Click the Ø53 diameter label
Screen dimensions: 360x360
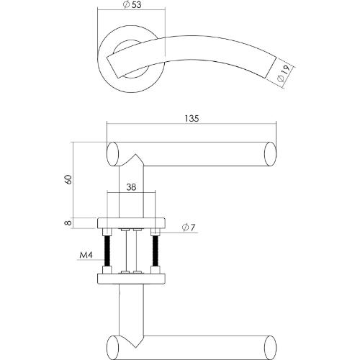coord(131,6)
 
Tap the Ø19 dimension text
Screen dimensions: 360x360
coord(284,73)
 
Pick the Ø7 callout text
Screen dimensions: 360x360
coord(188,228)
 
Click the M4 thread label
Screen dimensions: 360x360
coord(85,255)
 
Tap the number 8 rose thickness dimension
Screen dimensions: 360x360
coord(67,222)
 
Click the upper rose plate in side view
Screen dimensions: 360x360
coord(130,222)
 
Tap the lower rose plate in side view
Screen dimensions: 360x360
coord(130,277)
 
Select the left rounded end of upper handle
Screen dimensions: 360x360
coord(112,153)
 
